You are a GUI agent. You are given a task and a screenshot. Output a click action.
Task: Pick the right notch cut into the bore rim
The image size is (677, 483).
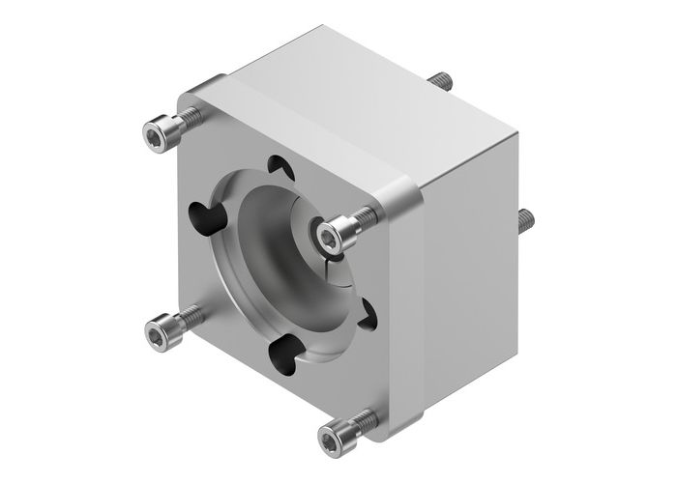365,311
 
